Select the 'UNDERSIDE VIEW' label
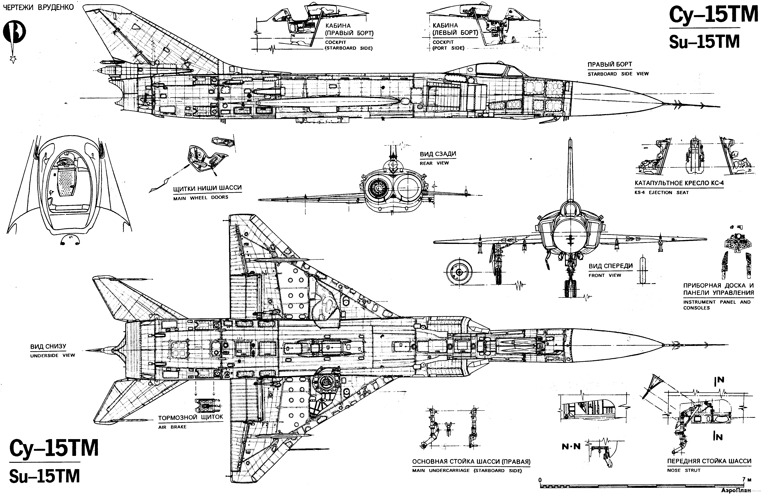pos(53,355)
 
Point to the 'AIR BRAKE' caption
pos(172,427)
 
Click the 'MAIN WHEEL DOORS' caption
pos(201,198)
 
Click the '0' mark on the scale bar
pos(540,480)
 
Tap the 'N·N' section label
pos(571,446)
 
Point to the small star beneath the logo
pos(13,59)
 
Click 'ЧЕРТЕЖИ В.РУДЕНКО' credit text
pos(38,7)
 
